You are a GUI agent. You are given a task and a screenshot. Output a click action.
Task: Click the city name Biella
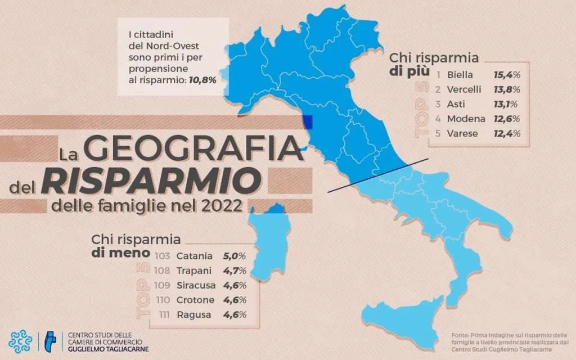click(x=460, y=74)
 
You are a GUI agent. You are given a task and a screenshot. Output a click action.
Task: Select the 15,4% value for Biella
click(x=506, y=74)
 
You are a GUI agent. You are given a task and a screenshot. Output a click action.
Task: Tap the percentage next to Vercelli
click(x=506, y=89)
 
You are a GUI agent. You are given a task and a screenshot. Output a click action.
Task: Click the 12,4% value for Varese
click(x=506, y=134)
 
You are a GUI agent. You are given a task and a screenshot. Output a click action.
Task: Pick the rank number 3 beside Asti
click(x=438, y=104)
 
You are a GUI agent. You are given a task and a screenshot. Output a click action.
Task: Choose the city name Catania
click(x=195, y=256)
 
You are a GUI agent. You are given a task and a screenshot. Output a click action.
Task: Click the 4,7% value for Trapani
click(x=235, y=271)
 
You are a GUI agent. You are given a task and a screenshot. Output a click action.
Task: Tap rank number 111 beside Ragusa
click(x=162, y=315)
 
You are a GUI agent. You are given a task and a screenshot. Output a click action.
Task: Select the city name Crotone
click(x=195, y=300)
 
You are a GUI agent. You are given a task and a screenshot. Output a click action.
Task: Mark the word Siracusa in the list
click(x=196, y=285)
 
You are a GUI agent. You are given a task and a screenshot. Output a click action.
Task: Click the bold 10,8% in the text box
click(x=202, y=80)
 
